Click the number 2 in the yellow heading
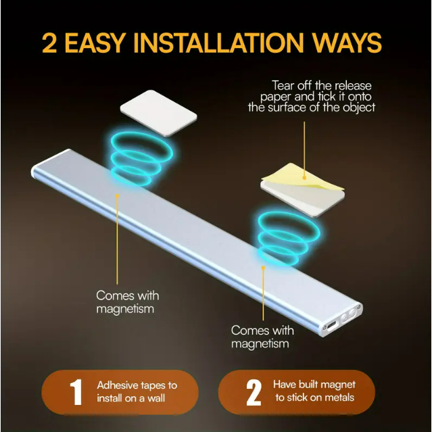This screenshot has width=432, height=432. pos(49,43)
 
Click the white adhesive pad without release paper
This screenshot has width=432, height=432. pos(159,113)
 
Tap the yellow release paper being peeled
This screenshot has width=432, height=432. pos(302,176)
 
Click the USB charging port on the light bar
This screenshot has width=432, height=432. pos(331,327)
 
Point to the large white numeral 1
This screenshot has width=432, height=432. pos(76,392)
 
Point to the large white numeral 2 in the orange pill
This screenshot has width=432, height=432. pos(254,393)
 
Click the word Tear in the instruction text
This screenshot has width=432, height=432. pos(283,85)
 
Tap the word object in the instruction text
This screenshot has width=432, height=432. pos(359,107)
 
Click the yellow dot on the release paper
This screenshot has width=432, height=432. pos(304,178)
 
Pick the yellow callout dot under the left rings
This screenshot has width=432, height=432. pos(117,196)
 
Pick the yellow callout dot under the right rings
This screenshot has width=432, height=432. pos(264,267)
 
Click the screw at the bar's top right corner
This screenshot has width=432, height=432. pos(358,307)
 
